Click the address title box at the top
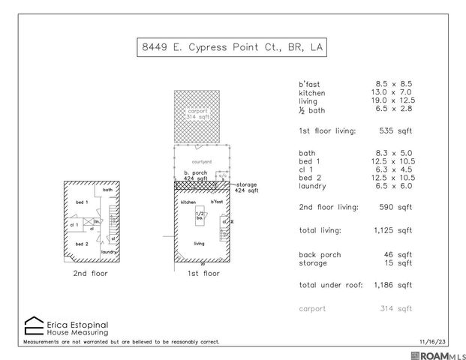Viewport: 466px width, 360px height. (233, 48)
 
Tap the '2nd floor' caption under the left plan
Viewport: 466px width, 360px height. (90, 274)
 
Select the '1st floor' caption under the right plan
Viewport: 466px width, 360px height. (203, 274)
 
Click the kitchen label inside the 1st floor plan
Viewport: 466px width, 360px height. (188, 202)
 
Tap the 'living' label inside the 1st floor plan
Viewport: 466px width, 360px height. (200, 244)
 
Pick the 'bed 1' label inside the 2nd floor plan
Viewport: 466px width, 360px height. (81, 202)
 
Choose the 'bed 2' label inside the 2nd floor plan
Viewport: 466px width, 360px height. (81, 244)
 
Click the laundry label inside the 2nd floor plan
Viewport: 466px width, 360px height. (109, 252)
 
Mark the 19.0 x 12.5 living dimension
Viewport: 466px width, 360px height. (394, 100)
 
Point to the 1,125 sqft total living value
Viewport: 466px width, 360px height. (394, 230)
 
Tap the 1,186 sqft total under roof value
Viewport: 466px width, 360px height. (394, 285)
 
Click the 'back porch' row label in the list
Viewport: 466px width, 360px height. (320, 254)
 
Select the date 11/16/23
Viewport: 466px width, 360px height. (433, 341)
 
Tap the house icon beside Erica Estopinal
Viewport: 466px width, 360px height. (34, 325)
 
